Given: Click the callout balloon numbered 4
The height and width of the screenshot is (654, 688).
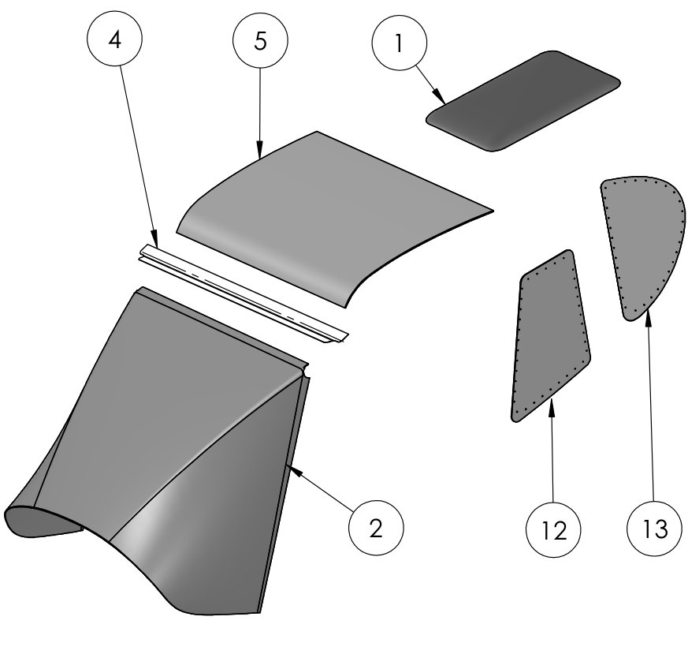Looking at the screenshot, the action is [114, 39].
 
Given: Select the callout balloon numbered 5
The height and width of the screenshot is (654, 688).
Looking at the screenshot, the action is [260, 40].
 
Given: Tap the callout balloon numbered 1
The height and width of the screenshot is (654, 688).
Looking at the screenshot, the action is [400, 43].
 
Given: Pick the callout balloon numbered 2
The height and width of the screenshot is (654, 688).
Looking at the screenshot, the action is [376, 528].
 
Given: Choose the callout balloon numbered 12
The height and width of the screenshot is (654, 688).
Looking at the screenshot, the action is [553, 529].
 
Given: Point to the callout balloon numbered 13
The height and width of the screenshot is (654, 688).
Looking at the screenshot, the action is [655, 529].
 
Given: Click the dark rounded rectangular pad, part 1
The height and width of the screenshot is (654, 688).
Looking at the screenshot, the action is [523, 101].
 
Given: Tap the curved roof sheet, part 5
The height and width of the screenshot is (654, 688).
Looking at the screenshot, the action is [333, 219].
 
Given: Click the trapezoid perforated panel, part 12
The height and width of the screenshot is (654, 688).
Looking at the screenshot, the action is [551, 336].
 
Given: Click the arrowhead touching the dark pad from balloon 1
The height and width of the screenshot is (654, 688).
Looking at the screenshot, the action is [440, 96].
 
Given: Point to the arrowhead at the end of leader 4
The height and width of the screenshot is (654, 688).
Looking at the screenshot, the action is [154, 238].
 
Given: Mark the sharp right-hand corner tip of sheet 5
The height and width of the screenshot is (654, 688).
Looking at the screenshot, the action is [493, 211].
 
